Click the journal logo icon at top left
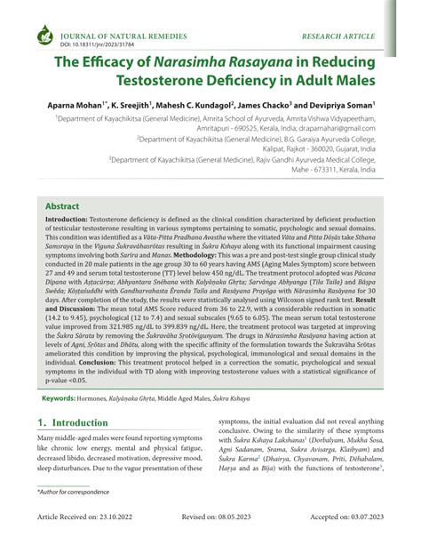click(x=43, y=37)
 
